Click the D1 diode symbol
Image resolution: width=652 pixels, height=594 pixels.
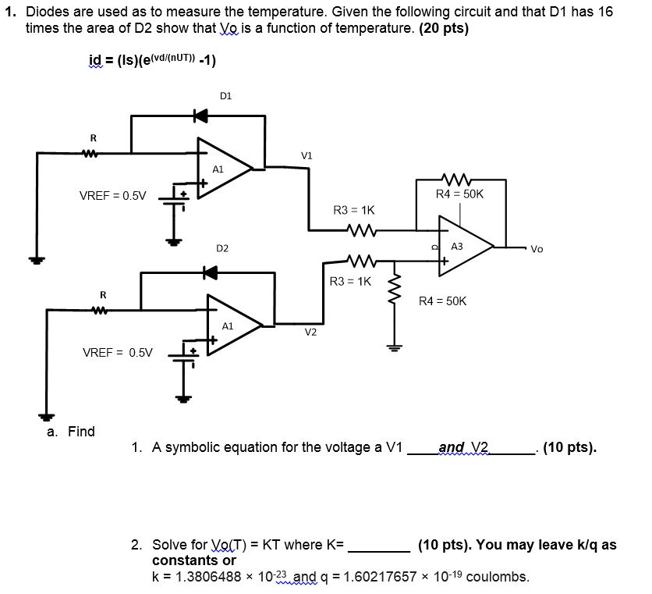click(201, 116)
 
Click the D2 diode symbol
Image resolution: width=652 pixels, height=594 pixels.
click(208, 272)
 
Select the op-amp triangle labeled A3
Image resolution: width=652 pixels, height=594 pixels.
click(465, 245)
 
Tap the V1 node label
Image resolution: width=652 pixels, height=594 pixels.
click(307, 156)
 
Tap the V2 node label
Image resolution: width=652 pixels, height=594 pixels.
click(310, 332)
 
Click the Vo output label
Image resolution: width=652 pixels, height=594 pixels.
click(537, 250)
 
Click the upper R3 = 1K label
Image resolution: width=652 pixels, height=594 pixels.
click(353, 210)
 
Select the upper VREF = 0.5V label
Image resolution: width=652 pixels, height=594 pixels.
click(113, 195)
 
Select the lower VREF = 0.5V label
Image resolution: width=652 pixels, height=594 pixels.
click(118, 353)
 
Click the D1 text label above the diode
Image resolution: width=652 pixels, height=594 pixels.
click(225, 97)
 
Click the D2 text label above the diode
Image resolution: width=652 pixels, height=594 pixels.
click(222, 248)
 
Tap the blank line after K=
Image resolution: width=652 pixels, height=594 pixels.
click(378, 545)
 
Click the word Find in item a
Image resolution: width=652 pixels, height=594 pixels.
click(81, 432)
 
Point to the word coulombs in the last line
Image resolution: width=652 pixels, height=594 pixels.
click(497, 578)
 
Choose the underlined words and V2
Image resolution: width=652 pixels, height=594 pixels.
click(463, 447)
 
